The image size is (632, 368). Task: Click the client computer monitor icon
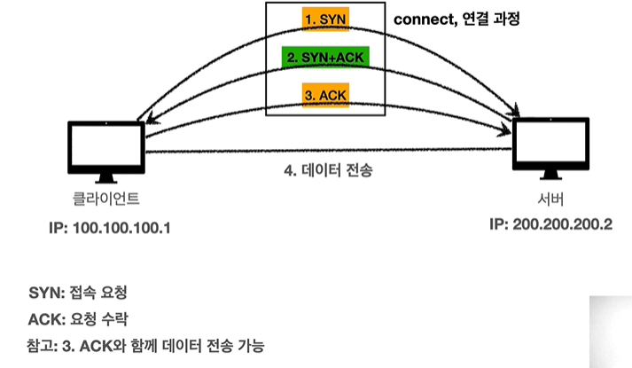point(105,146)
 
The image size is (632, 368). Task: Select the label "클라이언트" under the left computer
point(105,197)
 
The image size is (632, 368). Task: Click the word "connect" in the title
point(420,17)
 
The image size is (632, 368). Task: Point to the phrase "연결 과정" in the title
point(490,17)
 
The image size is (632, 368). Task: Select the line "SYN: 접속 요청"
point(84,292)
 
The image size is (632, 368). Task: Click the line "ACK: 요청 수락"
point(84,317)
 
